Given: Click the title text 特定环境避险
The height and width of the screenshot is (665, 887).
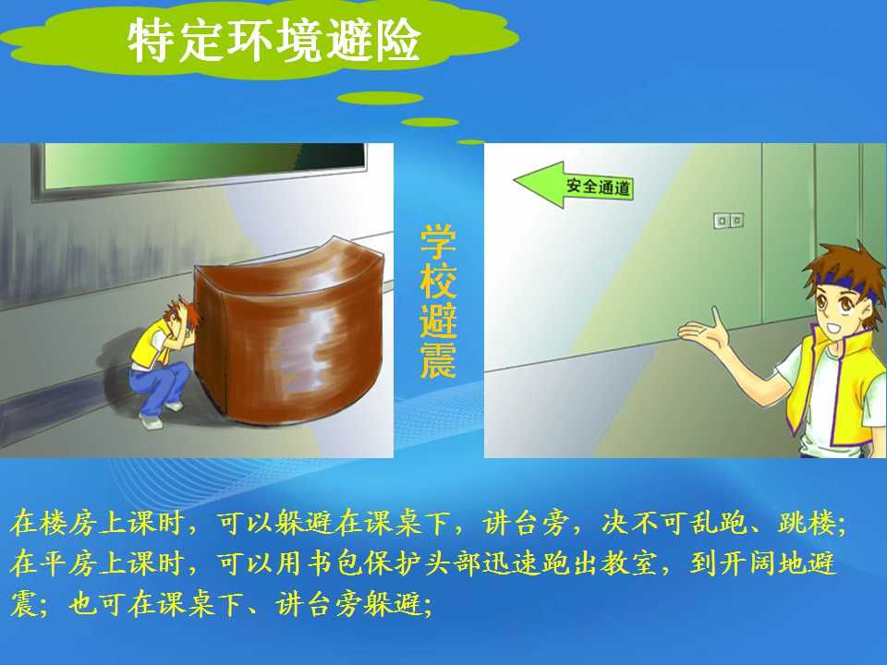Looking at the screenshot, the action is (273, 40).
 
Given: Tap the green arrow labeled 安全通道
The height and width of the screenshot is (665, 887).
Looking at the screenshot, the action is (573, 185).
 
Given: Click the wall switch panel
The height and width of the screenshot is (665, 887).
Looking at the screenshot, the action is (729, 220).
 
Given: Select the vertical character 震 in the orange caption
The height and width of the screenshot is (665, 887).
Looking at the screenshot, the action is (438, 360).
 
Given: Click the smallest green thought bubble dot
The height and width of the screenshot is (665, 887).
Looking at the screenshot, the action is (470, 142).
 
